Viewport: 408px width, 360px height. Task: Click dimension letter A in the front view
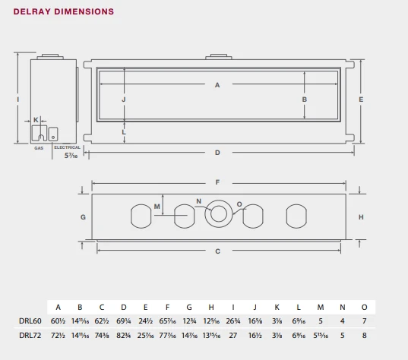(x=217, y=85)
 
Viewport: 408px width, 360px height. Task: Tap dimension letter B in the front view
(x=304, y=99)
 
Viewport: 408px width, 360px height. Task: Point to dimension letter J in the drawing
(x=123, y=99)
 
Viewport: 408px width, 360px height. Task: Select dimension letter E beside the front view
(x=361, y=99)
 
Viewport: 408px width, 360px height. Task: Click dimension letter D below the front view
(x=217, y=153)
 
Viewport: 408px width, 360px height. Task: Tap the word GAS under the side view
(x=39, y=148)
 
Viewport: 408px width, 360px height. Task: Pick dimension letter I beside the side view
(x=17, y=99)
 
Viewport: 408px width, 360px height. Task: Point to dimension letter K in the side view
(x=36, y=120)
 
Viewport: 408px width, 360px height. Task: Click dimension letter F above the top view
(x=218, y=182)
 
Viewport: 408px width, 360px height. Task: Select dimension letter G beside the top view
(x=83, y=216)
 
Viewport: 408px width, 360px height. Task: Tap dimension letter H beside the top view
(x=361, y=216)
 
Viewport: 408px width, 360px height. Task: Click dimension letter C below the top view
(x=218, y=251)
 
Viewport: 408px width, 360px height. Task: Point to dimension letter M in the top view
(x=157, y=206)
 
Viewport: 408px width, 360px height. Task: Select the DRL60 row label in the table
(x=30, y=321)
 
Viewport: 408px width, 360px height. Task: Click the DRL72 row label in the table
(x=30, y=335)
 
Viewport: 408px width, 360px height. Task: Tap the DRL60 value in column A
(x=58, y=321)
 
